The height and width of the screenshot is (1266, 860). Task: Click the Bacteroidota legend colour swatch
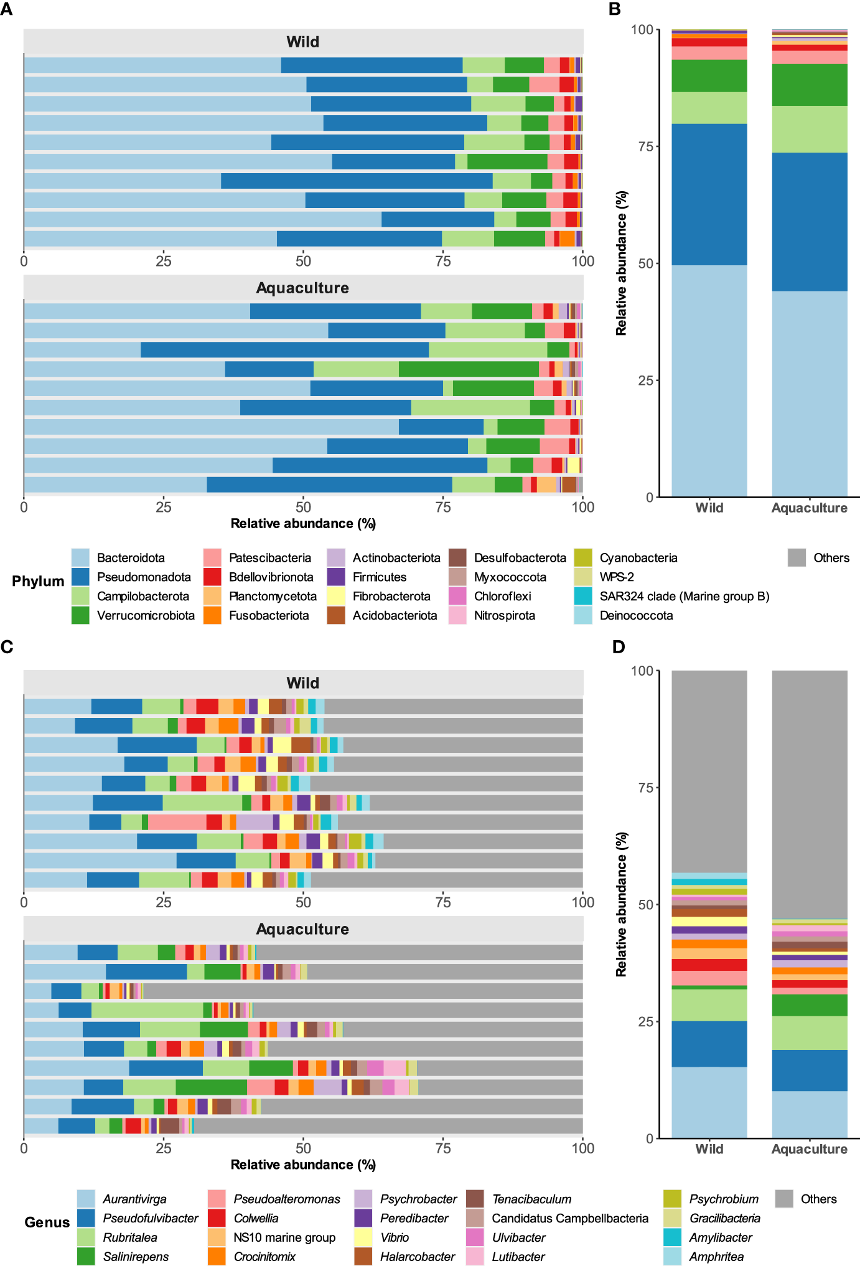coord(80,557)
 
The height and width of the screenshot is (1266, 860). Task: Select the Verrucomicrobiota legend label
coord(146,615)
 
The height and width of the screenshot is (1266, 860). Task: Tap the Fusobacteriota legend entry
coord(268,615)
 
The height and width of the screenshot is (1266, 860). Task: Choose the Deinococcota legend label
coord(636,615)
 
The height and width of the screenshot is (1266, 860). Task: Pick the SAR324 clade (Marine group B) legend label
coord(684,596)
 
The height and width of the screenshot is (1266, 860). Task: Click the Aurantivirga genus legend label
coord(134,1199)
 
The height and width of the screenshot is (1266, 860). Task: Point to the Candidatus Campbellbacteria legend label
coord(569,1218)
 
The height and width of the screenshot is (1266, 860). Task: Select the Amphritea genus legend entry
coord(716,1257)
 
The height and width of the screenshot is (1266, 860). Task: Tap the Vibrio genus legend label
coord(395,1237)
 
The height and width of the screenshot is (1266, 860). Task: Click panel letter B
coord(615,9)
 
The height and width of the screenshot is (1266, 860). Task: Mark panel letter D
coord(618,647)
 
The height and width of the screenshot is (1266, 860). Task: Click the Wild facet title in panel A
coord(302,42)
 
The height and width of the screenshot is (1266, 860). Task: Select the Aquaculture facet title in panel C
coord(302,929)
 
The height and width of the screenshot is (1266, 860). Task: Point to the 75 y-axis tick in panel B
coord(645,146)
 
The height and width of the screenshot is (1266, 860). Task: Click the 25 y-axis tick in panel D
coord(645,1021)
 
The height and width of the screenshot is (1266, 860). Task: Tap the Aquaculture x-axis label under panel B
coord(809,508)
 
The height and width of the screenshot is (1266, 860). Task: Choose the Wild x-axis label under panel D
coord(709,1149)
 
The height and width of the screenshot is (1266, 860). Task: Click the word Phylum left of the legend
coord(38,581)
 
